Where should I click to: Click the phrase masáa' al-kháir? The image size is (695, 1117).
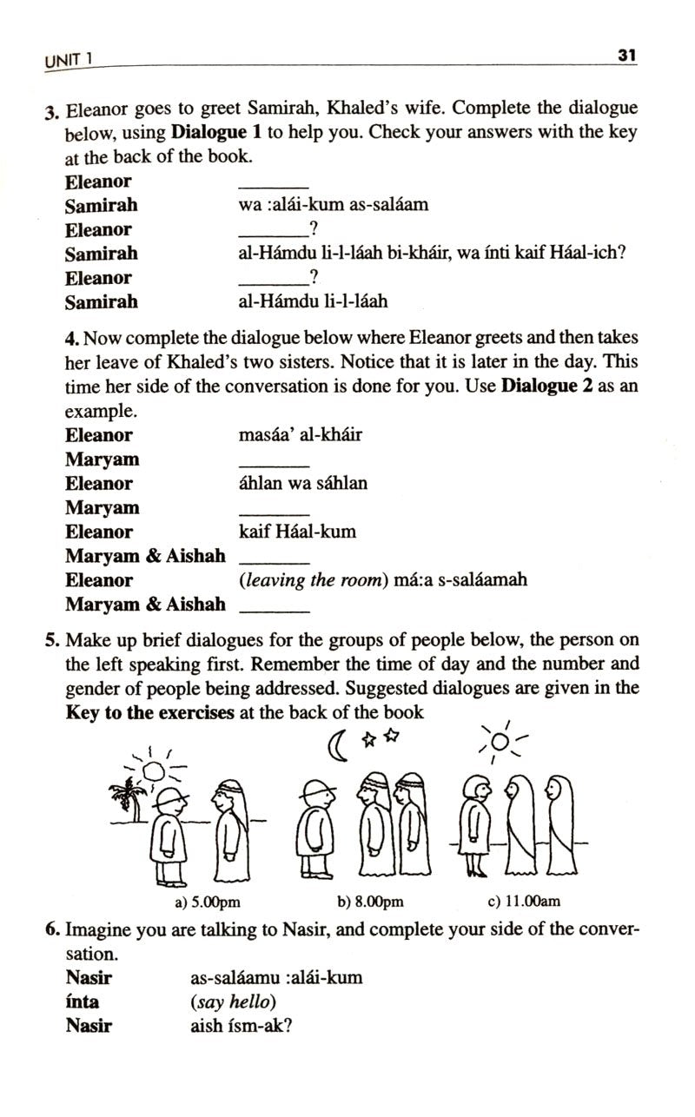pos(300,434)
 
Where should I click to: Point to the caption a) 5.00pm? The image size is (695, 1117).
pos(208,902)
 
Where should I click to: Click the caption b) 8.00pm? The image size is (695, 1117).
pos(370,902)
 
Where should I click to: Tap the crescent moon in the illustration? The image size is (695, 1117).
pos(336,744)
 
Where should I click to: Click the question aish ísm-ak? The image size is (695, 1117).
pos(241,1025)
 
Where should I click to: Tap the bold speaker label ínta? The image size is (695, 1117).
pos(82,1001)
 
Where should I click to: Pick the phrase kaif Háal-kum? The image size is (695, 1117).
pos(296,532)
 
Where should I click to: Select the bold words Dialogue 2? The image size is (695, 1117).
pos(546,386)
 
